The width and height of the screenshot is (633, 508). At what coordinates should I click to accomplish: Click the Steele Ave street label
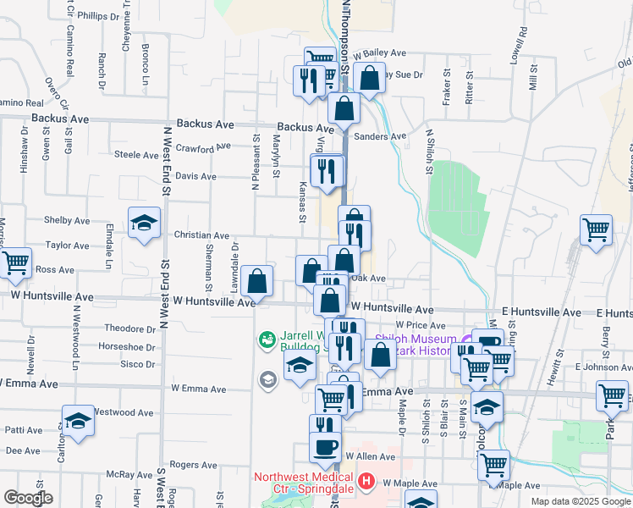(137, 155)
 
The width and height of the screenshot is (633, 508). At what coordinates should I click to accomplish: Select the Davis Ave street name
(196, 177)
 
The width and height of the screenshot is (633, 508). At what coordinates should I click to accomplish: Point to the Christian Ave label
(201, 236)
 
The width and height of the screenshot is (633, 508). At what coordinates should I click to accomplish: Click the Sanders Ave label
(381, 136)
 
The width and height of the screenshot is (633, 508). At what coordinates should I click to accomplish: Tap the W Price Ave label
(426, 325)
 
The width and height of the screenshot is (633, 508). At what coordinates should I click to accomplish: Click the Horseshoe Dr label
(127, 346)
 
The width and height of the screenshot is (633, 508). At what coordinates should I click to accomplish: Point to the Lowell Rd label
(519, 42)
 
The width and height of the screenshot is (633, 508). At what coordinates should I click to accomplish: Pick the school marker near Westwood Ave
(77, 420)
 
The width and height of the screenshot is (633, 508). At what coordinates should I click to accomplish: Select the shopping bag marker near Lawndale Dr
(256, 281)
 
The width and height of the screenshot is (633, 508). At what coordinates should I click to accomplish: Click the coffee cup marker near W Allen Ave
(324, 447)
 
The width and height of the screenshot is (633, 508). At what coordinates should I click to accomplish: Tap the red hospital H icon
(366, 483)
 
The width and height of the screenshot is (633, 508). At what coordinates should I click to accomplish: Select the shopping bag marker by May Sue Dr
(369, 78)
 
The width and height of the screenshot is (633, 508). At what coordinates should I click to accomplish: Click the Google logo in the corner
(28, 498)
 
